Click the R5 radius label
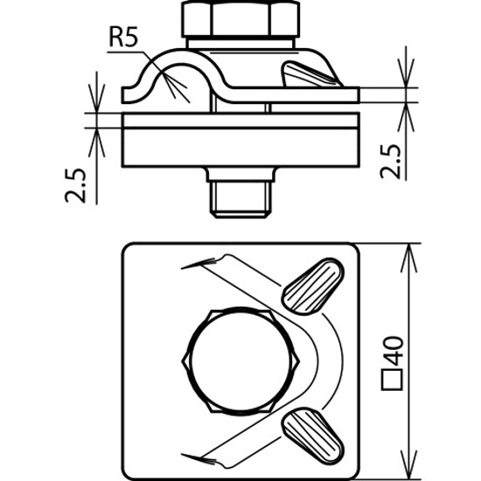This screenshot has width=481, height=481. pyautogui.click(x=123, y=38)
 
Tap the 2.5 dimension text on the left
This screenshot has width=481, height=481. pyautogui.click(x=75, y=185)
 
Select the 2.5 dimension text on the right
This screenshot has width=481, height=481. pyautogui.click(x=391, y=162)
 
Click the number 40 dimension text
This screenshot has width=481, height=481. pyautogui.click(x=392, y=351)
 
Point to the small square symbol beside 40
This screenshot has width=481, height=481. pyautogui.click(x=392, y=380)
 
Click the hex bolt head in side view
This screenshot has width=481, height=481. pyautogui.click(x=240, y=19)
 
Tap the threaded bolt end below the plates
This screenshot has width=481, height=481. pyautogui.click(x=240, y=199)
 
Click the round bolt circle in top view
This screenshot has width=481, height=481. pyautogui.click(x=240, y=360)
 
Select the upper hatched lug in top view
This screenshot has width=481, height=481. pyautogui.click(x=313, y=286)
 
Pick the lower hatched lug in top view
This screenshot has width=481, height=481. pyautogui.click(x=313, y=436)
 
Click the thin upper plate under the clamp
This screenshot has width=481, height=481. pyautogui.click(x=240, y=121)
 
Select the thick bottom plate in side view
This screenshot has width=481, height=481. pyautogui.click(x=240, y=148)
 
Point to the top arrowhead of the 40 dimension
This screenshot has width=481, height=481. pyautogui.click(x=409, y=258)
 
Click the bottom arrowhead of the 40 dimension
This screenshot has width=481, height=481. pyautogui.click(x=409, y=464)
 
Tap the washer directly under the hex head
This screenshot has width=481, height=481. pyautogui.click(x=240, y=43)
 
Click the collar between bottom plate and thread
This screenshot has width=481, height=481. pyautogui.click(x=240, y=175)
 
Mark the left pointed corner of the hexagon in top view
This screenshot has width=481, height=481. pyautogui.click(x=183, y=360)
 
